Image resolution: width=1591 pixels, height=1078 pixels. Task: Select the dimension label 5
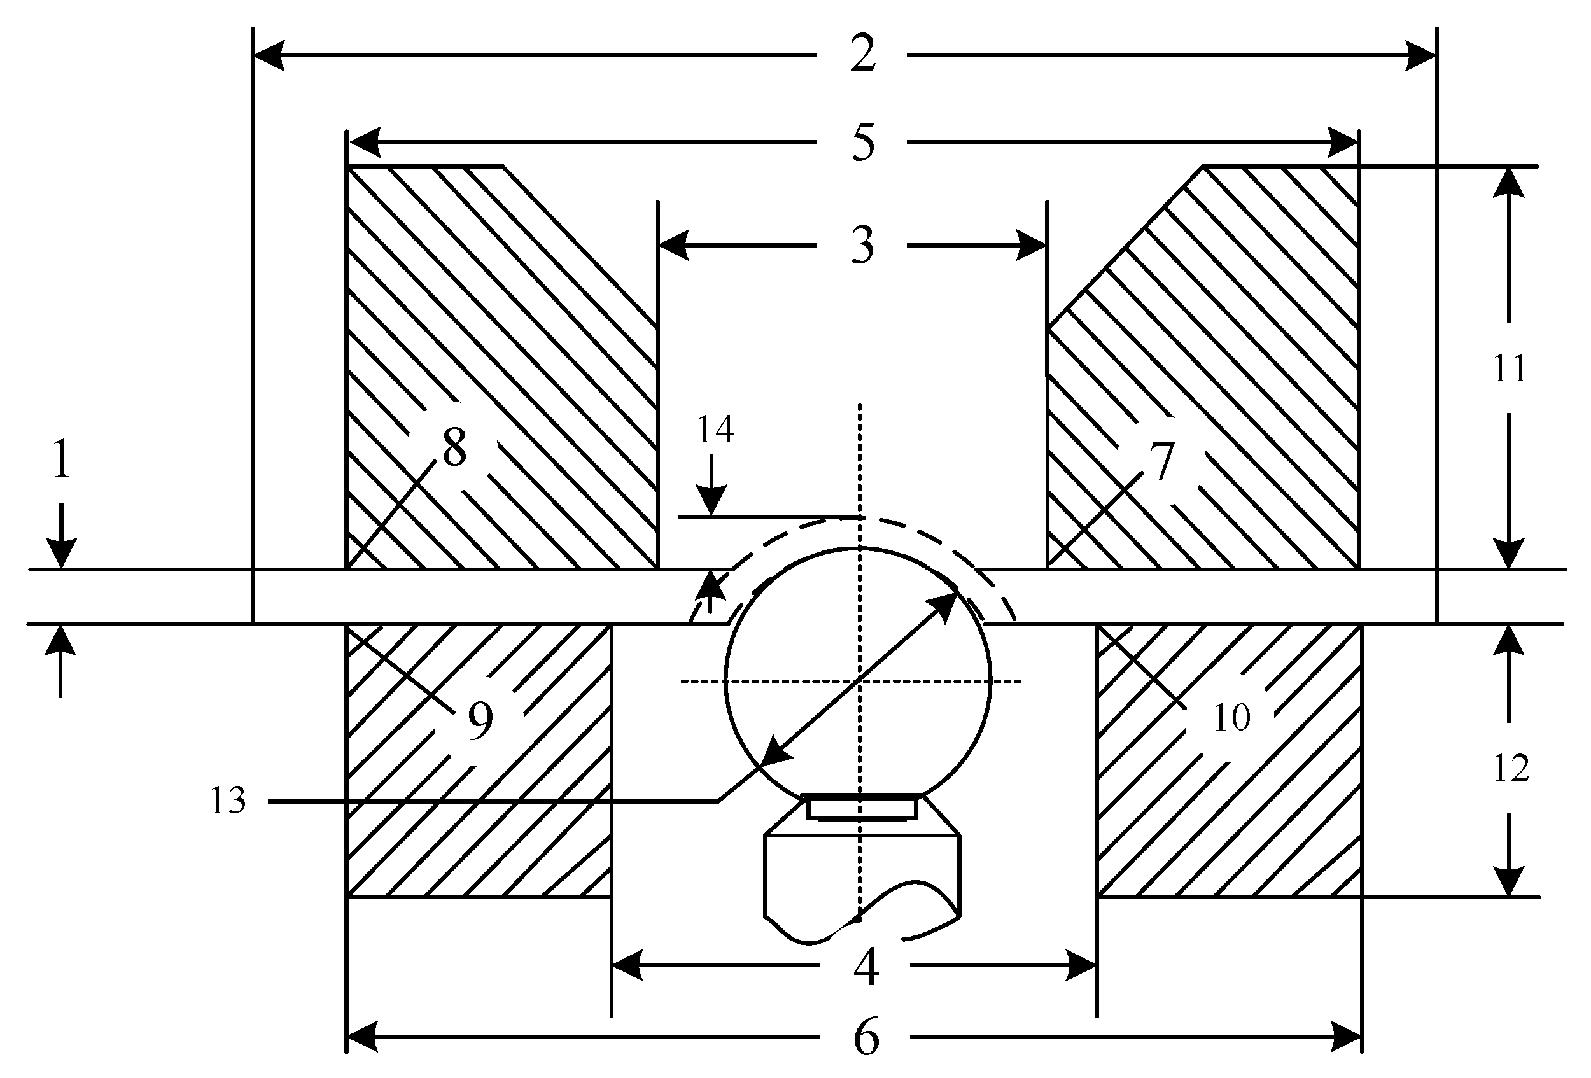862,143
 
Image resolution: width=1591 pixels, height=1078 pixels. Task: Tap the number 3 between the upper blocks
862,246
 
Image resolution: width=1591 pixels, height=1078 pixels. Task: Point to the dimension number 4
866,968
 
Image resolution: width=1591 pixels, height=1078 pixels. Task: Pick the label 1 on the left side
62,460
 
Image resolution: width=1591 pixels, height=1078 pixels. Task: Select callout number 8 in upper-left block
454,447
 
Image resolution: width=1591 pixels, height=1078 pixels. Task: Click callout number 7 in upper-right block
1162,461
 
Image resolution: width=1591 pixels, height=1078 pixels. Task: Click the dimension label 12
1510,769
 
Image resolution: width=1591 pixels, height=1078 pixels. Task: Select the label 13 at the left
227,801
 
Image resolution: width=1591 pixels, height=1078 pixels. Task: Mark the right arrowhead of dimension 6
1346,1036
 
